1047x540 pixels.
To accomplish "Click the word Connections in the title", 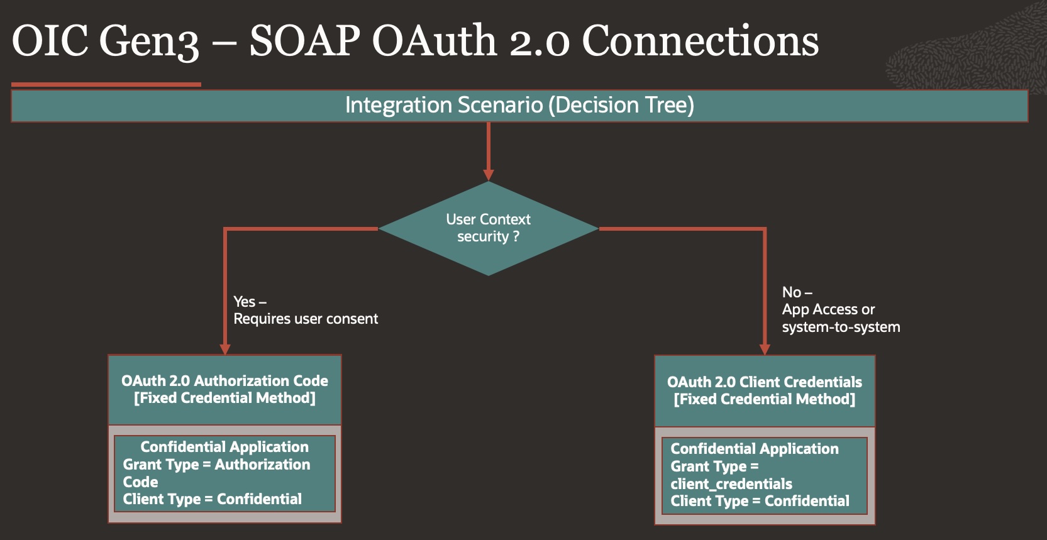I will [x=700, y=41].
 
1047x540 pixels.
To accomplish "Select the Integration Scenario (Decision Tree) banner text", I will [x=519, y=105].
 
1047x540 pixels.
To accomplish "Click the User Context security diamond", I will [x=488, y=228].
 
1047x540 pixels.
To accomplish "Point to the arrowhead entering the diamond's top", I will [x=489, y=174].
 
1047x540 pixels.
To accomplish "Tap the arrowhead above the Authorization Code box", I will [x=225, y=349].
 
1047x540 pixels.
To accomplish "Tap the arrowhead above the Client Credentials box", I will [x=765, y=349].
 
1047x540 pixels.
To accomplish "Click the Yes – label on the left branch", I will [x=250, y=302].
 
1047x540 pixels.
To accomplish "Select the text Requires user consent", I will [x=306, y=319].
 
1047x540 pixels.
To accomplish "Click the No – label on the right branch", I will [x=797, y=292].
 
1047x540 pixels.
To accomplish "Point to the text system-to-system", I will [x=841, y=327].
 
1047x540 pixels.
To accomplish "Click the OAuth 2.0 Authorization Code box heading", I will [x=224, y=381].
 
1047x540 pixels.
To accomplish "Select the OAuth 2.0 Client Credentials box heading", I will [x=764, y=382].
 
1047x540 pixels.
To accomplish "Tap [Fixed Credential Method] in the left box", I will [x=224, y=398].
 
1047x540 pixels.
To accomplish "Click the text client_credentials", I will [x=731, y=484].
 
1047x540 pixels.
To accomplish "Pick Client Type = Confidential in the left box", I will [x=212, y=499].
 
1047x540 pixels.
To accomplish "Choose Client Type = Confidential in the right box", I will [x=760, y=501].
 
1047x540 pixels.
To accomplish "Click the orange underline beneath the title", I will [x=106, y=84].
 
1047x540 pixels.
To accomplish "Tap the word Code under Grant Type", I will [x=140, y=482].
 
